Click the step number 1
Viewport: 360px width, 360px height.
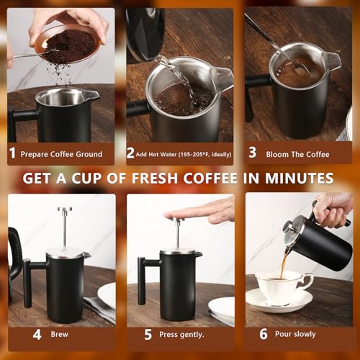point(12,153)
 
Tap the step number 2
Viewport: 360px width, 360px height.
point(130,153)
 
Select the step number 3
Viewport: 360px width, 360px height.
point(253,153)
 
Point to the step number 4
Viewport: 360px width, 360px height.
point(37,334)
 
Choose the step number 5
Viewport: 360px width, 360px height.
point(148,334)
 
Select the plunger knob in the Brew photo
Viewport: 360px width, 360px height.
point(65,210)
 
